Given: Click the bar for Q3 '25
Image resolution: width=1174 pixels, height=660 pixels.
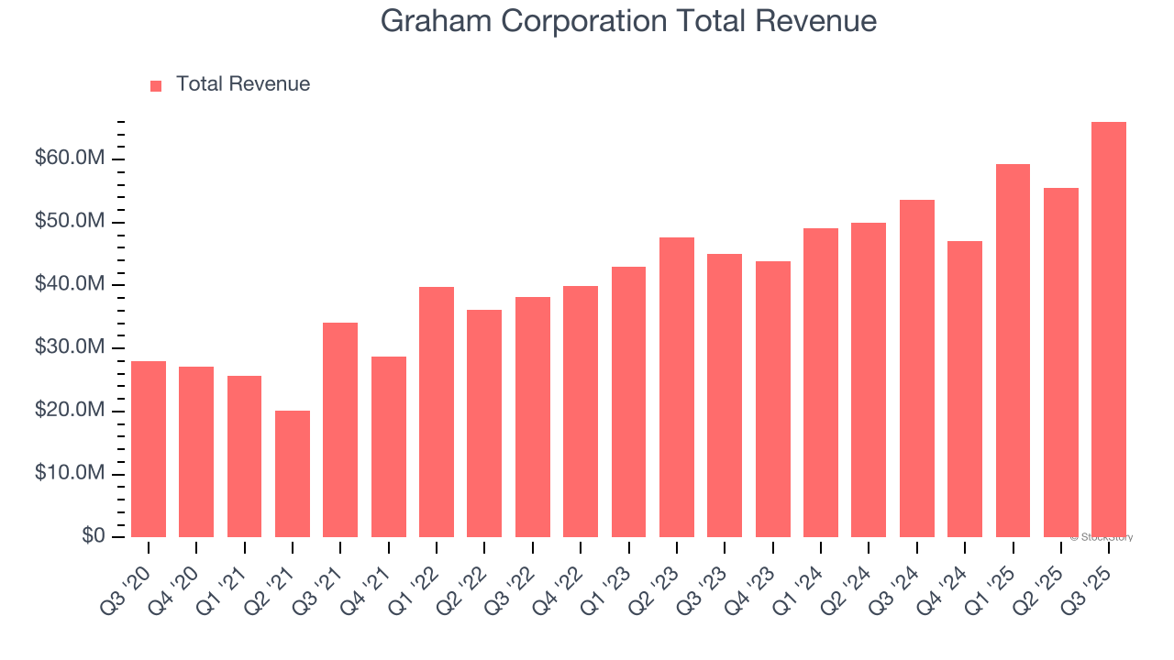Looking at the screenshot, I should (1109, 330).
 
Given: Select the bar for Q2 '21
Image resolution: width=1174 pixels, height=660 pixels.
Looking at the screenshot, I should (293, 474).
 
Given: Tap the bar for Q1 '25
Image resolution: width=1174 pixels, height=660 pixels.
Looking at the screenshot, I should (1013, 350).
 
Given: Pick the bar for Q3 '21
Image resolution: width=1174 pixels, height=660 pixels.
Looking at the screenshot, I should (340, 430).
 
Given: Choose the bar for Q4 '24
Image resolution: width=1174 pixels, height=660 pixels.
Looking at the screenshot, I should (965, 389).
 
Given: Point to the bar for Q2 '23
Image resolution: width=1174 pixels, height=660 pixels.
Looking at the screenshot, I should (677, 387).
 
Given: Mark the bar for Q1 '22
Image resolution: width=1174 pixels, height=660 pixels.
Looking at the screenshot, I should (437, 412).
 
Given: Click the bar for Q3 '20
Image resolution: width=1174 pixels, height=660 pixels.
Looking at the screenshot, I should (149, 449).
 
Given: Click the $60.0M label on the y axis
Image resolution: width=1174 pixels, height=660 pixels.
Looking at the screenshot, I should (71, 159).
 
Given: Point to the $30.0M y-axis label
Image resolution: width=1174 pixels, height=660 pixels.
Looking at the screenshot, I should (71, 348).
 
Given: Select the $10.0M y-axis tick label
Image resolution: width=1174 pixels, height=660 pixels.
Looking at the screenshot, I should (71, 474).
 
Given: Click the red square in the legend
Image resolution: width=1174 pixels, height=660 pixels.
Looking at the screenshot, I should (156, 85).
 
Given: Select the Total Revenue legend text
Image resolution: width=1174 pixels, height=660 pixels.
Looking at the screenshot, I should (243, 84).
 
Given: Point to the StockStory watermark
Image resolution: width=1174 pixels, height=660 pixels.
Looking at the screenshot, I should (1102, 537).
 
